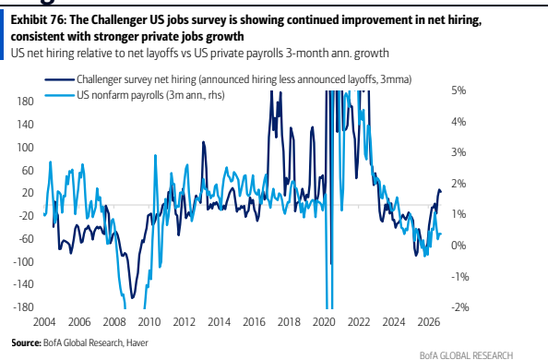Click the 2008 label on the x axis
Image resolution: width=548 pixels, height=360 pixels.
click(x=114, y=322)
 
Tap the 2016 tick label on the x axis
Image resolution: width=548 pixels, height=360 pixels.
click(x=254, y=322)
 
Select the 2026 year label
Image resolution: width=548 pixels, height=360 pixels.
click(x=429, y=322)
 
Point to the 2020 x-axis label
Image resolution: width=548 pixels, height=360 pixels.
click(x=324, y=322)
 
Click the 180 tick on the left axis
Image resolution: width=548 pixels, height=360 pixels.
click(x=25, y=102)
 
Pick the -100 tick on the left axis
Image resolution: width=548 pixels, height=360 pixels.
click(x=23, y=261)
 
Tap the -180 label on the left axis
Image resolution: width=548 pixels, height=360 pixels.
click(x=23, y=307)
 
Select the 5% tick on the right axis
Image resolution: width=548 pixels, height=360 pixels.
click(x=459, y=90)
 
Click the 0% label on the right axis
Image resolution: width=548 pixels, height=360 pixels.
click(x=459, y=246)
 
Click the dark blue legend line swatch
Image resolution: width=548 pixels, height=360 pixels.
click(x=59, y=79)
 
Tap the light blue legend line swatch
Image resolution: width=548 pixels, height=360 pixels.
click(x=59, y=95)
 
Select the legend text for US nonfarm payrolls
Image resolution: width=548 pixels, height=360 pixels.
click(x=150, y=95)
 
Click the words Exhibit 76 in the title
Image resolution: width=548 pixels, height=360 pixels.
click(x=38, y=20)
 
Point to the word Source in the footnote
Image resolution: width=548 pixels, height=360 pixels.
click(x=26, y=342)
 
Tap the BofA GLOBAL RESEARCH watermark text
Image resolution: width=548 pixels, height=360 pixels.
click(x=466, y=355)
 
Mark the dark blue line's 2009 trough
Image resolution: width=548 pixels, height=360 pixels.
click(x=133, y=298)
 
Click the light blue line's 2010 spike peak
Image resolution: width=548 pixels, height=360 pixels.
click(x=155, y=155)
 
